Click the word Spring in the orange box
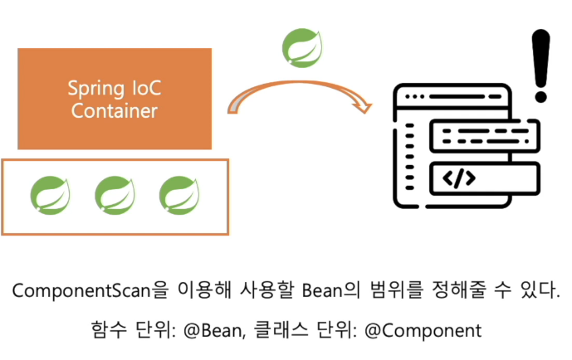coord(96,89)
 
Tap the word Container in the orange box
coord(115,111)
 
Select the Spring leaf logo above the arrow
coord(302,48)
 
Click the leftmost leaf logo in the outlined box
coord(51,195)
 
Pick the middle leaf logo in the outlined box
coord(115,195)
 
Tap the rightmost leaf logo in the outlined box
coord(179,195)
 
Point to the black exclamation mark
coord(540,66)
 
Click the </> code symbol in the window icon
coord(459,178)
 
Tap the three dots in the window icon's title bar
coord(415,96)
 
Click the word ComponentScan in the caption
coord(81,291)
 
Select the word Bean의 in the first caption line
coord(331,290)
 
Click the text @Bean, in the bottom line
coord(214,331)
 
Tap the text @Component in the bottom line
coord(423,331)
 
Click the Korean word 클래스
coord(281,330)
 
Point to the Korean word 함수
coord(109,330)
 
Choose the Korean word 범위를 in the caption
coord(397,290)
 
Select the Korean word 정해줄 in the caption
coord(459,290)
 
